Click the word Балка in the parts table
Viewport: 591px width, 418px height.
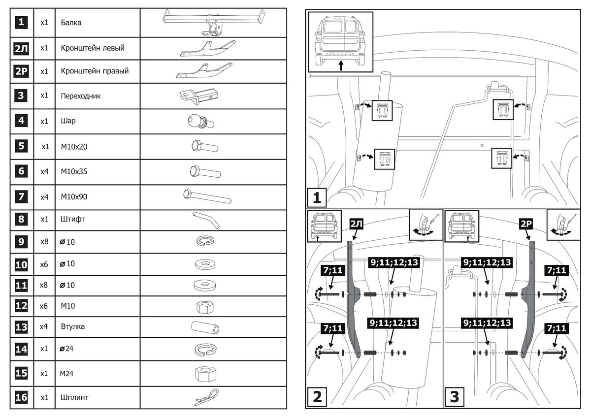(x=71, y=23)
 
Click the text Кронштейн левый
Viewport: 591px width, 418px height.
(x=93, y=48)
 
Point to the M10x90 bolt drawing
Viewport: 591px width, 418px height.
(x=206, y=196)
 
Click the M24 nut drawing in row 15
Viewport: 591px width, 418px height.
(x=204, y=373)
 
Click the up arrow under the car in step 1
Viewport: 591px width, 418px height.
(x=340, y=65)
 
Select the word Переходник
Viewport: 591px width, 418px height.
(x=81, y=96)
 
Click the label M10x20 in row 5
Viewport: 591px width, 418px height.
(x=74, y=146)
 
